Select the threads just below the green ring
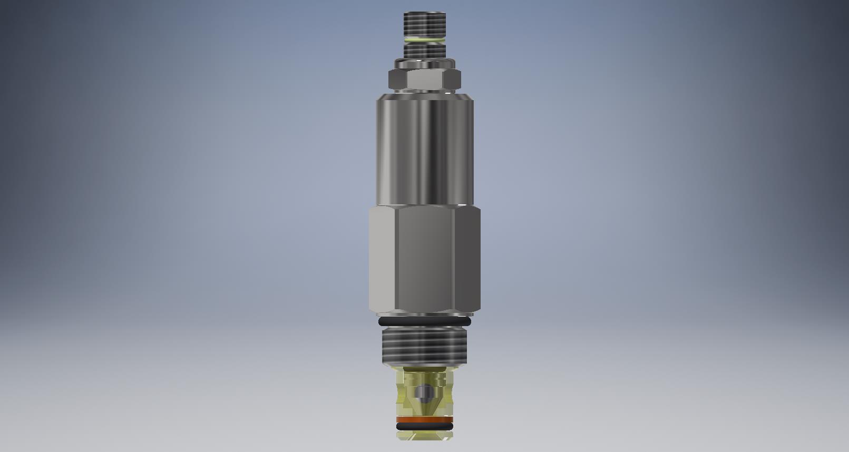425,51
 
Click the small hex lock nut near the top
425,80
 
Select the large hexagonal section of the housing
425,258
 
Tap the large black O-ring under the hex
425,321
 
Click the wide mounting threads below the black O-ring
425,345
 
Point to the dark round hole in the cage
423,392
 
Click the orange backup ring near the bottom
425,420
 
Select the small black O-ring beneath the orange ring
425,426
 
